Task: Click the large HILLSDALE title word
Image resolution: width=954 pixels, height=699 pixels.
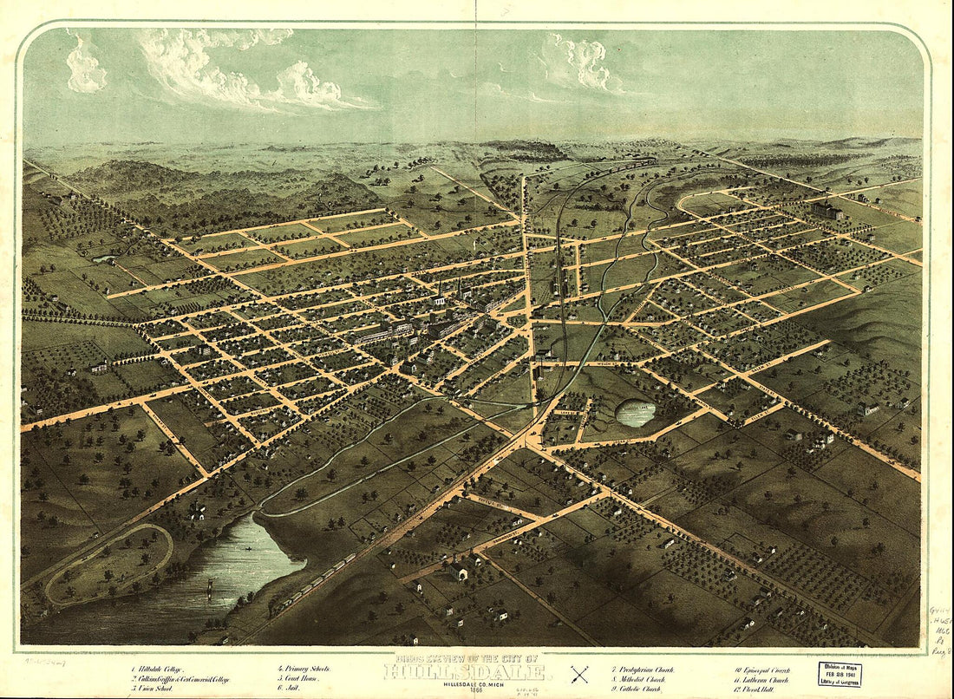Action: [465, 673]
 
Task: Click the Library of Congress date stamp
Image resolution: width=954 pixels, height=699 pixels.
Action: [840, 674]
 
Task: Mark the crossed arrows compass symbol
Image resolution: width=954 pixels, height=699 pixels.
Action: [579, 674]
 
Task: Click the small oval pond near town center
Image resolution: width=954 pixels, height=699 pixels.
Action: [636, 413]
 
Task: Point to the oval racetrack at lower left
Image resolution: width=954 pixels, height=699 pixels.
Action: [108, 564]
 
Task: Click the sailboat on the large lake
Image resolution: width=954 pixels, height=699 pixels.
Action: [209, 590]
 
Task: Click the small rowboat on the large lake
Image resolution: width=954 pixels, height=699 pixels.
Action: [247, 549]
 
